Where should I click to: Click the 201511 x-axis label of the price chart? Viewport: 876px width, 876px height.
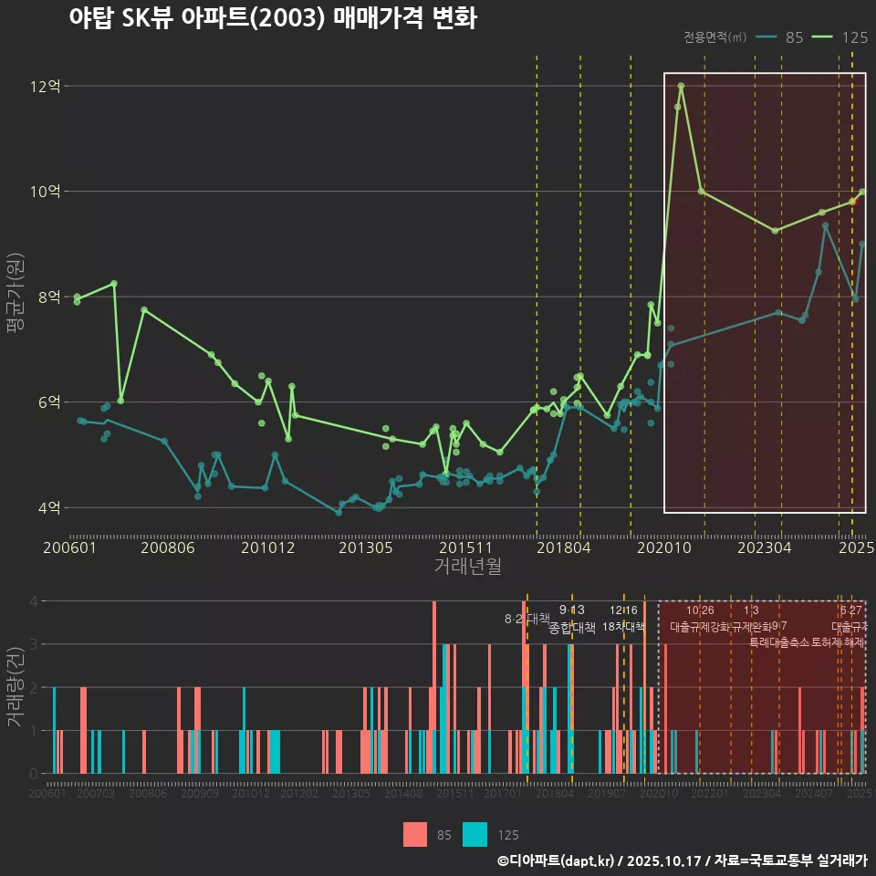tap(466, 548)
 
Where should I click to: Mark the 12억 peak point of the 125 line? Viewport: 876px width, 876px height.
tap(682, 86)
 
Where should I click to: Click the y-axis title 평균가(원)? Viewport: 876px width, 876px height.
tap(14, 297)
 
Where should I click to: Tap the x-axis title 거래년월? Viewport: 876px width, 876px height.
tap(467, 567)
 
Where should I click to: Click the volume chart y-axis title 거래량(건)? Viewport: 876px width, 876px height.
tap(14, 687)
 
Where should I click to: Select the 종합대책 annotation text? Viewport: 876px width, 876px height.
tap(572, 628)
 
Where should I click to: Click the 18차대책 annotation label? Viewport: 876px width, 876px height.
tap(624, 627)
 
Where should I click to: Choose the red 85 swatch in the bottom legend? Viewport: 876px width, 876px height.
tap(415, 834)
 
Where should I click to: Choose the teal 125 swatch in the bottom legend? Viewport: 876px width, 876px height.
tap(474, 834)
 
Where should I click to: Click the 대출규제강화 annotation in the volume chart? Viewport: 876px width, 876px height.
tap(700, 627)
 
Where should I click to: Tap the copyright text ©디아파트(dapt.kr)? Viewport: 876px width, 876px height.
tap(558, 860)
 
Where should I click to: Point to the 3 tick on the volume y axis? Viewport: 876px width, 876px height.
tap(34, 644)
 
